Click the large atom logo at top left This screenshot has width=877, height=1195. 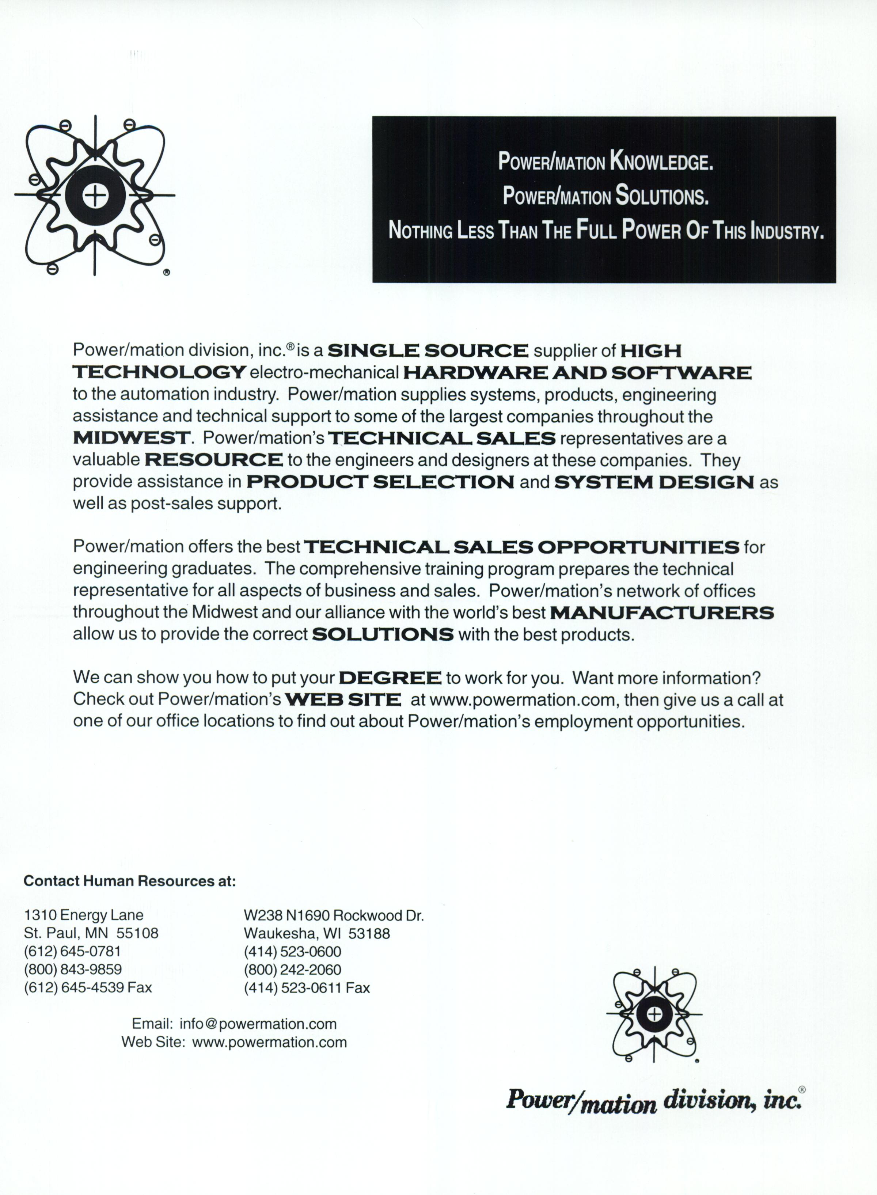(95, 196)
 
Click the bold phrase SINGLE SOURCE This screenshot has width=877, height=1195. (428, 351)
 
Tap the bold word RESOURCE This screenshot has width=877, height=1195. (213, 460)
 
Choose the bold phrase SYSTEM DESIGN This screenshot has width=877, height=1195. (653, 482)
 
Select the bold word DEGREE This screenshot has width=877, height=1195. (390, 678)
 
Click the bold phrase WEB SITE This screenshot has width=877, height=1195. (343, 700)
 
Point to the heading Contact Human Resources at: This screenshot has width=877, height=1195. (129, 881)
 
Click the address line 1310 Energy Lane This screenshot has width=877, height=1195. (84, 915)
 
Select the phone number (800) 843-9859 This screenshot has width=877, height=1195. (73, 970)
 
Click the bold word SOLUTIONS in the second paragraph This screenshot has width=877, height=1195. (383, 635)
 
